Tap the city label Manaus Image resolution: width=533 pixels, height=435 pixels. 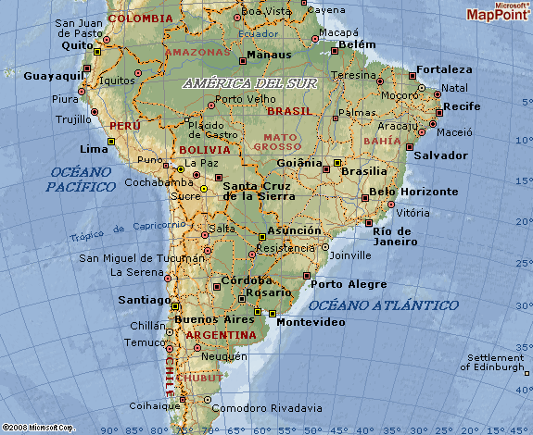click(x=270, y=55)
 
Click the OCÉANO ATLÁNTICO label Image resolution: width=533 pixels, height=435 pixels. click(x=384, y=304)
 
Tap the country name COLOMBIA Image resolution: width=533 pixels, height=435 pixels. click(x=140, y=18)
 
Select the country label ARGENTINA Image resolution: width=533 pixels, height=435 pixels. click(x=221, y=334)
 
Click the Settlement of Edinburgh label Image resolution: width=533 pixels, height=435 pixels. click(x=496, y=362)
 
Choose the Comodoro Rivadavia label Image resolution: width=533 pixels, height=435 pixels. click(x=267, y=407)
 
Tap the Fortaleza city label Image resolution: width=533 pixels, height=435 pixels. click(x=444, y=69)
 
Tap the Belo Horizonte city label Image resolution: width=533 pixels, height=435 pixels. click(x=413, y=192)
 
